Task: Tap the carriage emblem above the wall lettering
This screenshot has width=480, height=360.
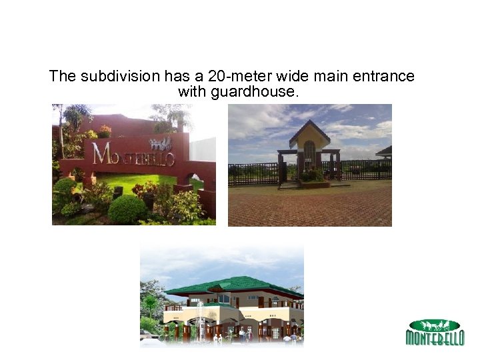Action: pyautogui.click(x=160, y=143)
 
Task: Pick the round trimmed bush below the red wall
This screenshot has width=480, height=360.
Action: pyautogui.click(x=127, y=209)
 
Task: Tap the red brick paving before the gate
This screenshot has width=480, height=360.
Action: pyautogui.click(x=309, y=207)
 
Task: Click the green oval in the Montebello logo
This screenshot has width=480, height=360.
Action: pyautogui.click(x=434, y=325)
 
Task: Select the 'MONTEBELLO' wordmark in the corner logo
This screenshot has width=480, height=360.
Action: pyautogui.click(x=435, y=338)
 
